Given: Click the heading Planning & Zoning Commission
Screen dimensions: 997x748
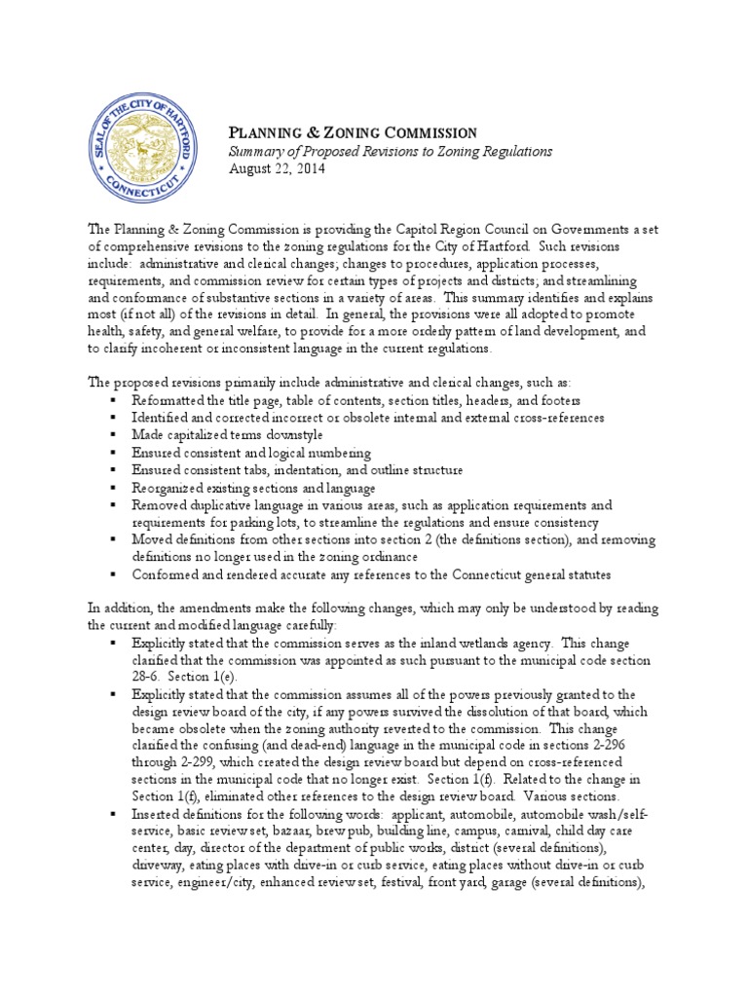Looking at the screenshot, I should tap(352, 132).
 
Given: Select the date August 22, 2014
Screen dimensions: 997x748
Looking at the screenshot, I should tap(277, 168).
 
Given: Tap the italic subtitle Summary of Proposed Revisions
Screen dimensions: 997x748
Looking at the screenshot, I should tap(390, 151).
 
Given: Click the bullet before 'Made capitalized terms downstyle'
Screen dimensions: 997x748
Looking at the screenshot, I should tap(114, 435).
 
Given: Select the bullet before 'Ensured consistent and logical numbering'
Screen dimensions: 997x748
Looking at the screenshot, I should tap(114, 453).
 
